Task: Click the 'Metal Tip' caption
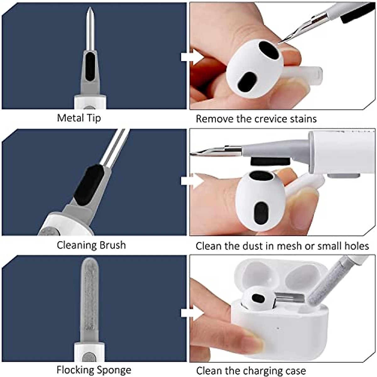click(x=79, y=118)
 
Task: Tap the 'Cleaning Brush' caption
click(x=91, y=245)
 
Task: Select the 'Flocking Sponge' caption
click(x=94, y=370)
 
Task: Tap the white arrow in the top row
click(x=192, y=57)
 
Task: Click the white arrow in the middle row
click(x=192, y=181)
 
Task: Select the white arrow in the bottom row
click(x=192, y=313)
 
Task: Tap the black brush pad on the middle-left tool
click(x=89, y=185)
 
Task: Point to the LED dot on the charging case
click(x=278, y=329)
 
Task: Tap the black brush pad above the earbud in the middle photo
click(x=270, y=162)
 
